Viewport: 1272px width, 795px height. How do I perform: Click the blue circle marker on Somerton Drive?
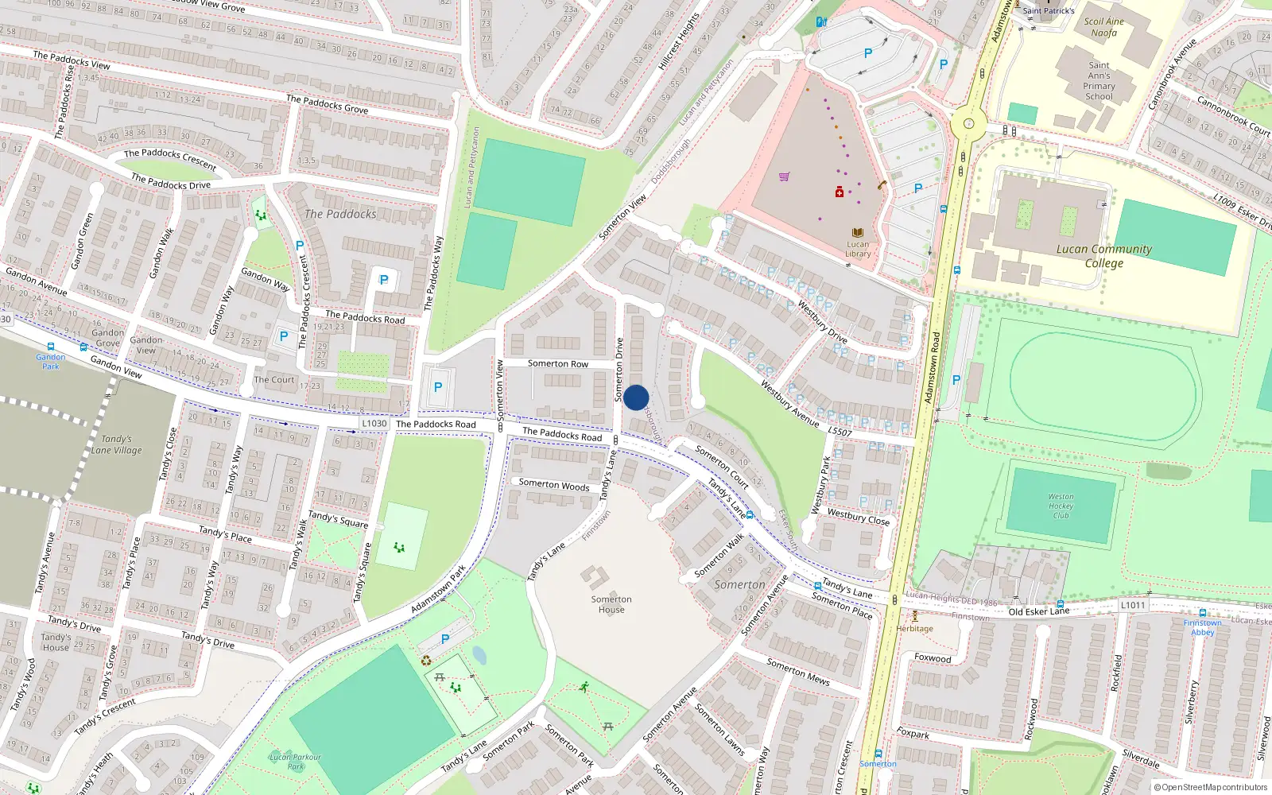(x=636, y=397)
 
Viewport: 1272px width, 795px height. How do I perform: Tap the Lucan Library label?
(x=858, y=249)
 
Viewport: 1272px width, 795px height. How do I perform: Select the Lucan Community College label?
(x=1103, y=256)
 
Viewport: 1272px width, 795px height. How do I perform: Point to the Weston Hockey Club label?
(x=1061, y=506)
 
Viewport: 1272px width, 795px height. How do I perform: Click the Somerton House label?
(x=611, y=604)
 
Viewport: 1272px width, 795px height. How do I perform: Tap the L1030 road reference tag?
(x=374, y=424)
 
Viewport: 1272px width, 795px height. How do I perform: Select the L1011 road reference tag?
(x=1133, y=605)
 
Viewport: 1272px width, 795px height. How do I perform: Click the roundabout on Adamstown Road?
(x=968, y=123)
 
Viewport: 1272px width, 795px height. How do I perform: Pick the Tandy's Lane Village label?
(x=116, y=444)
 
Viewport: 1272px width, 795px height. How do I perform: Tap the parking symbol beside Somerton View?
(x=437, y=387)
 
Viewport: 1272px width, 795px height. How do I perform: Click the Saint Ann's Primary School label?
(x=1099, y=81)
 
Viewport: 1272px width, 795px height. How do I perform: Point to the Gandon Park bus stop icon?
(x=51, y=347)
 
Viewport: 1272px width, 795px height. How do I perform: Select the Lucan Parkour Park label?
(x=295, y=762)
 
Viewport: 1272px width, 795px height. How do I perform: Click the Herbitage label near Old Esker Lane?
(x=915, y=628)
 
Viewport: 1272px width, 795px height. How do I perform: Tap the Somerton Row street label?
(x=558, y=363)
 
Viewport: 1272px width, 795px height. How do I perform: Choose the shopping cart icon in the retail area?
(x=785, y=176)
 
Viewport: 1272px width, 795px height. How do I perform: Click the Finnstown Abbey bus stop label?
(x=1202, y=627)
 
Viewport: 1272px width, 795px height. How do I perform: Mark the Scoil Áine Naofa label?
(x=1104, y=27)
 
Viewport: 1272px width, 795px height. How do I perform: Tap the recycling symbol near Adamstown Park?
(x=426, y=660)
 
